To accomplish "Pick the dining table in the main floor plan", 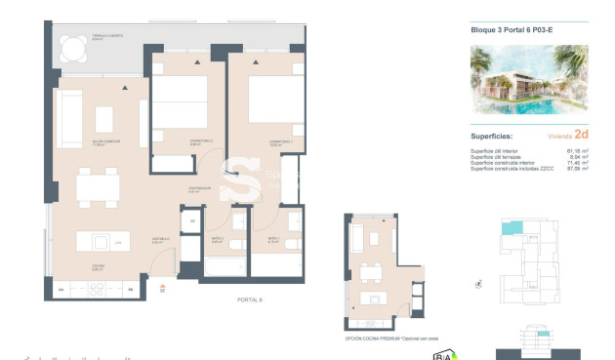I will (98, 185).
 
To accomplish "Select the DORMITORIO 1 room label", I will (281, 141).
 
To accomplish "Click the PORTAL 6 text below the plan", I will (250, 300).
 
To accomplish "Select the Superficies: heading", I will (492, 138).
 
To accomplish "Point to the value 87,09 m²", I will (577, 170).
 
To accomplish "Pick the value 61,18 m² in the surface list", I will (577, 152).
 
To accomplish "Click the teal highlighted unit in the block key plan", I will (511, 227).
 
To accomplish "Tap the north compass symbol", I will (477, 283).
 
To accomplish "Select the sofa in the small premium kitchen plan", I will (356, 236).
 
